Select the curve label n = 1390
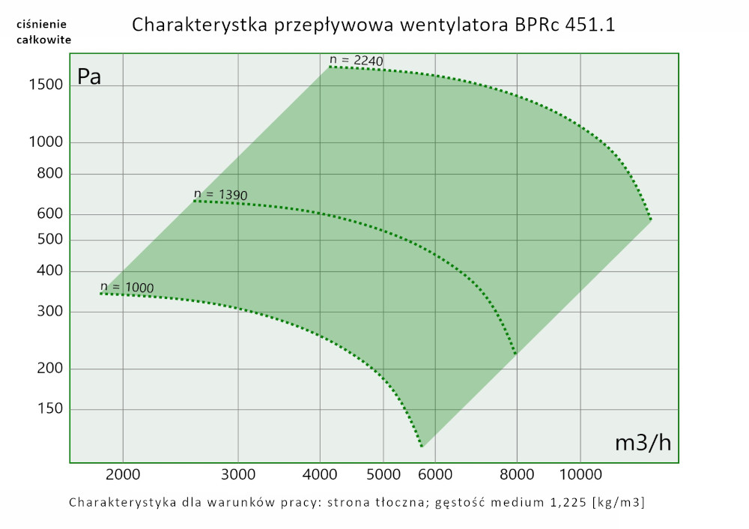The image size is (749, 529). pyautogui.click(x=220, y=195)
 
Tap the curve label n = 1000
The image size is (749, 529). pyautogui.click(x=127, y=287)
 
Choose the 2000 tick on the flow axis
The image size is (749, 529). pyautogui.click(x=123, y=474)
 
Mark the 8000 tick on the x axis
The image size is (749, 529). pyautogui.click(x=517, y=474)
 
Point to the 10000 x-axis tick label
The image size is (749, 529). pyautogui.click(x=580, y=474)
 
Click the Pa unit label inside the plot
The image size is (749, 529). pyautogui.click(x=89, y=76)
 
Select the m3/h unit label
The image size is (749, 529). pyautogui.click(x=643, y=442)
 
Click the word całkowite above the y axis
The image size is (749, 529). pyautogui.click(x=43, y=40)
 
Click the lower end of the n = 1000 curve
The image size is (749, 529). pyautogui.click(x=422, y=447)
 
